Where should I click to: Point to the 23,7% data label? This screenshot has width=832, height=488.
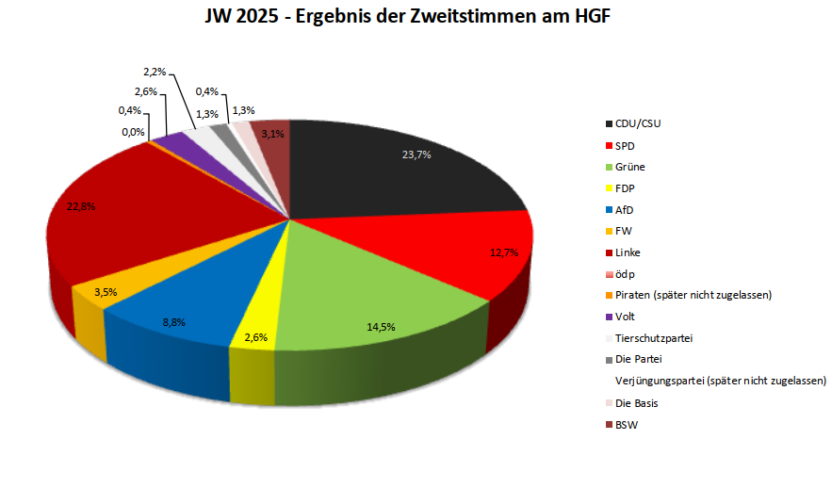[414, 155]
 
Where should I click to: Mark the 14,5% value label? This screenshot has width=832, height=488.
[380, 327]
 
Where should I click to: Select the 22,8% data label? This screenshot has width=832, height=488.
[82, 206]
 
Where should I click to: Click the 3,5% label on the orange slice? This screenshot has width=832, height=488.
[106, 292]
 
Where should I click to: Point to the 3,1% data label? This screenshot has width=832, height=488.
[273, 134]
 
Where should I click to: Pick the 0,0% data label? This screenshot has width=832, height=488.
[132, 132]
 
